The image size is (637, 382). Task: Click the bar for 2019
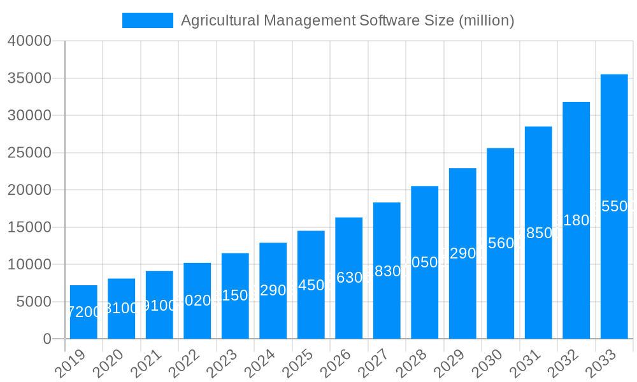pos(83,312)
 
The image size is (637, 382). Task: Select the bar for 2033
pos(614,206)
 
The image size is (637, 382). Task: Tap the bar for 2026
pos(349,278)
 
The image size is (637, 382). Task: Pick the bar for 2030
pos(501,243)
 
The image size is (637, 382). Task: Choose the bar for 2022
pos(197,301)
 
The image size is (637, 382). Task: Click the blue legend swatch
pos(147,20)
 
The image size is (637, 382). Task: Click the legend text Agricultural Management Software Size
pos(347,20)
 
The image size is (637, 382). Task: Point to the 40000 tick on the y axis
pos(29,41)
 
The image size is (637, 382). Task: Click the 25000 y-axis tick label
pos(29,153)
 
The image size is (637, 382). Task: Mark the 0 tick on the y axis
pos(47,339)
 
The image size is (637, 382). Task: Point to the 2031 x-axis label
pos(524,364)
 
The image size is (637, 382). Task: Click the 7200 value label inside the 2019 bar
pos(83,312)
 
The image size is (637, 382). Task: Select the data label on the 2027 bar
pos(387,271)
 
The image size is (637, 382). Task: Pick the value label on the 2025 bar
pos(311,285)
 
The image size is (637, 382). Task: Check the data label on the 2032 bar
pos(576,220)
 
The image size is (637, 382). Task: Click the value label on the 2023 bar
pos(235,296)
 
